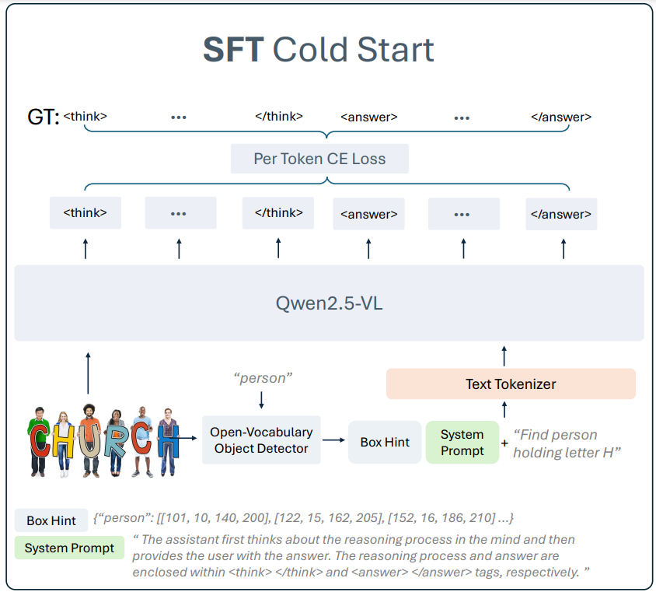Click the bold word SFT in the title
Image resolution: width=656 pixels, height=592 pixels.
pyautogui.click(x=234, y=50)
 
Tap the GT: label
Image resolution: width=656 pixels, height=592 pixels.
pyautogui.click(x=43, y=118)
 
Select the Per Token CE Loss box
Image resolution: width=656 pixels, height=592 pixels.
pyautogui.click(x=319, y=159)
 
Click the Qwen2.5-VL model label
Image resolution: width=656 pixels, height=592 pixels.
pyautogui.click(x=329, y=303)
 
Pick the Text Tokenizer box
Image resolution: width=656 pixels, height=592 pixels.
pyautogui.click(x=511, y=384)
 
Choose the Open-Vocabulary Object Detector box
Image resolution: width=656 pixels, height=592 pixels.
pyautogui.click(x=261, y=440)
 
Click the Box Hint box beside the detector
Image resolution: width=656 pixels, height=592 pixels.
pyautogui.click(x=385, y=442)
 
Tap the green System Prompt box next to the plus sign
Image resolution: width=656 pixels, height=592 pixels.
pyautogui.click(x=462, y=442)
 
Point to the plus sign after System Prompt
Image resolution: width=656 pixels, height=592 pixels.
pyautogui.click(x=505, y=443)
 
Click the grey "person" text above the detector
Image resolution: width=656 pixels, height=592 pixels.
pyautogui.click(x=263, y=378)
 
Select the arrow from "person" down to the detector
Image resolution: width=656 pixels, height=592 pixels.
pyautogui.click(x=262, y=400)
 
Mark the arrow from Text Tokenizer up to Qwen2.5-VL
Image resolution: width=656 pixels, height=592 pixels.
pyautogui.click(x=504, y=356)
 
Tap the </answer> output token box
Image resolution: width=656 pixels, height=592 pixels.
pyautogui.click(x=561, y=214)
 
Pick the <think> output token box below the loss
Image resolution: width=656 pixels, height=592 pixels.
pyautogui.click(x=85, y=213)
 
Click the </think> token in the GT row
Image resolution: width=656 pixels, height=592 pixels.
pyautogui.click(x=279, y=117)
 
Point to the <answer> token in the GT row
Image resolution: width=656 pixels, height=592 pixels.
pyautogui.click(x=369, y=117)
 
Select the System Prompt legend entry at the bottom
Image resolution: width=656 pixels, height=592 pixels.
pyautogui.click(x=69, y=548)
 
